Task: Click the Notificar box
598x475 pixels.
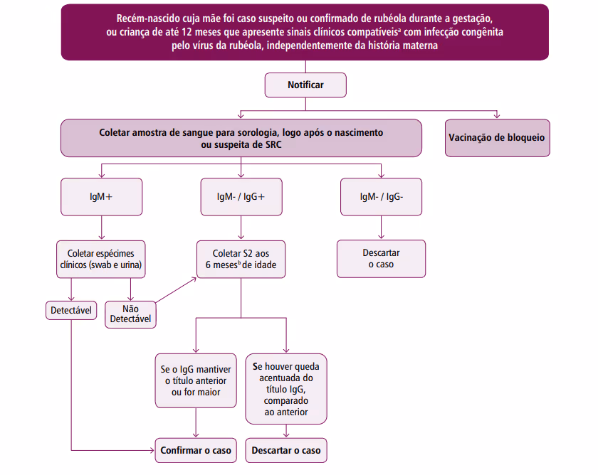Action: (x=305, y=85)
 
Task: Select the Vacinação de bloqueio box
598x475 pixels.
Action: (x=497, y=137)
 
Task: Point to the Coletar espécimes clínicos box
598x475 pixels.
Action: (x=100, y=259)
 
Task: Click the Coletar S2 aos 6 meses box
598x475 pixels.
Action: (x=241, y=259)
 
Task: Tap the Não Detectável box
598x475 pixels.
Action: (x=130, y=314)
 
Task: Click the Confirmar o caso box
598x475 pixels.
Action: (x=196, y=450)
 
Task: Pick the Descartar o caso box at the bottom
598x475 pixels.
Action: (x=286, y=450)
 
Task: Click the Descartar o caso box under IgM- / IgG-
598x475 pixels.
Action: (x=381, y=258)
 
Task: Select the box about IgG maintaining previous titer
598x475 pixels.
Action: (x=196, y=381)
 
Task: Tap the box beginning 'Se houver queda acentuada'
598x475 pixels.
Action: (x=286, y=388)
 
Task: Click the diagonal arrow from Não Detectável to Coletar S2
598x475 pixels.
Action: (x=175, y=292)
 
